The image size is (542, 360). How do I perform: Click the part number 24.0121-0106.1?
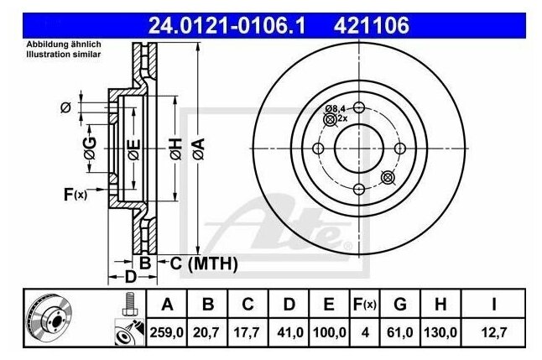(227, 25)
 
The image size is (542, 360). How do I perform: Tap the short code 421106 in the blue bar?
(371, 25)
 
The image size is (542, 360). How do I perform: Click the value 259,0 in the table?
(167, 332)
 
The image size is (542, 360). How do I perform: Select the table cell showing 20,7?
(206, 332)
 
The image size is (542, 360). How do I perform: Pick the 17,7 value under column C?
(247, 332)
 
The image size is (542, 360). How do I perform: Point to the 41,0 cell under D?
(290, 332)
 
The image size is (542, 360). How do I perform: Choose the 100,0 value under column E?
(330, 332)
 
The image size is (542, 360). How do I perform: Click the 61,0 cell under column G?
(400, 332)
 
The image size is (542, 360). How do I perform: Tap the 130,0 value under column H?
(440, 332)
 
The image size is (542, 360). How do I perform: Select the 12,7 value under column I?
(494, 332)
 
